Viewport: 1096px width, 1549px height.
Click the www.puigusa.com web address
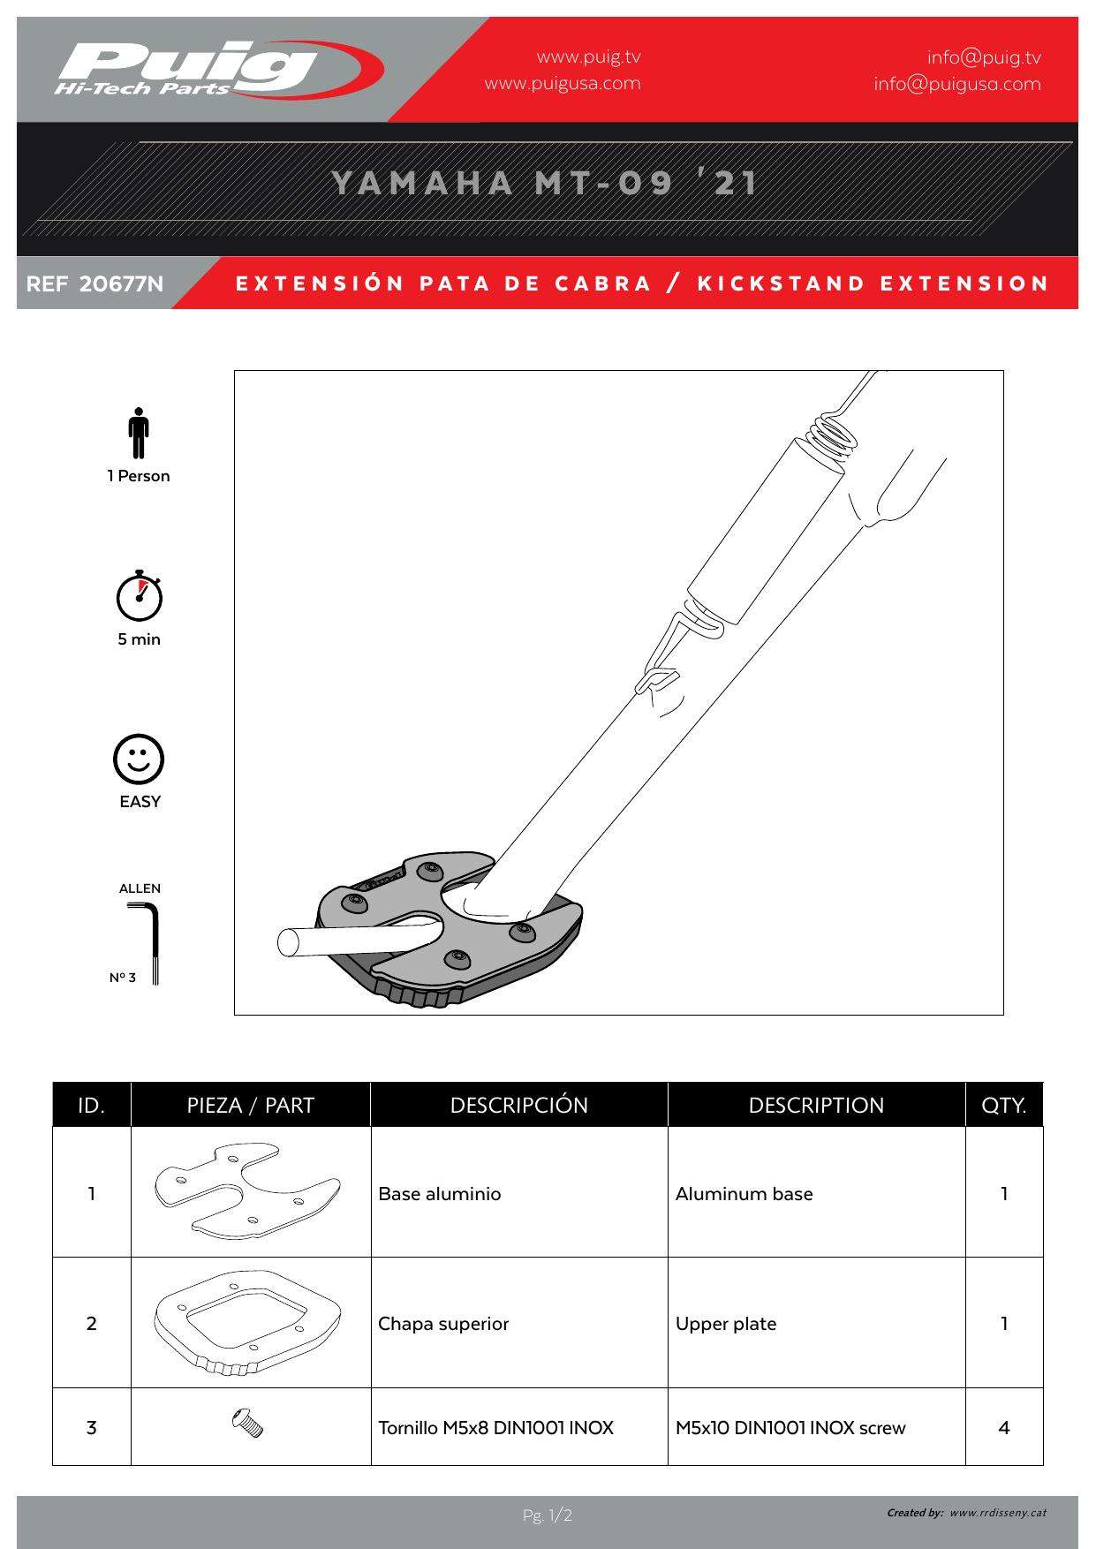coord(563,84)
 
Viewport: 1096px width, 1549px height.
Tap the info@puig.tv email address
coord(984,57)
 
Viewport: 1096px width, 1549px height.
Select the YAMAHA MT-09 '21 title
coord(545,183)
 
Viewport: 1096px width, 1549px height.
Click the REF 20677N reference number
coord(95,283)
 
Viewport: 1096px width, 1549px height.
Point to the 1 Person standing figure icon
coord(138,433)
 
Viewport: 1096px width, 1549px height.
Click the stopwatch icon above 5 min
coord(140,596)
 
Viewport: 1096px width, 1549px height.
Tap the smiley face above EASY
coord(139,759)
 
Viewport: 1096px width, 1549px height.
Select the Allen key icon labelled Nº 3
coord(152,941)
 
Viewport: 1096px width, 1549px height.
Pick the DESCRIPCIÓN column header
coord(518,1105)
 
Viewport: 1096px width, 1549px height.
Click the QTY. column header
coord(1003,1105)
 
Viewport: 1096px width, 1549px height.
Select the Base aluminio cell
coord(440,1193)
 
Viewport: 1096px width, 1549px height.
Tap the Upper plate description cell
coord(726,1323)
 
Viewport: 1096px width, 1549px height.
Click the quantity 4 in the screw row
coord(1003,1427)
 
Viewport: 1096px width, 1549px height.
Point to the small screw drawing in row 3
coord(248,1423)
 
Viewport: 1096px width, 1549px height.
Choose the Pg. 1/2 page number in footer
coord(548,1515)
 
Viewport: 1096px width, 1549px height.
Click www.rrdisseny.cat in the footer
coord(998,1513)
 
